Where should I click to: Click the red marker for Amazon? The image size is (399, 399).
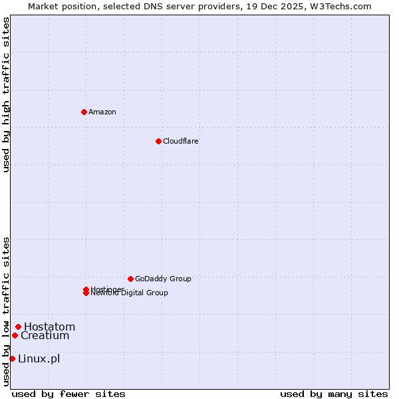pyautogui.click(x=84, y=112)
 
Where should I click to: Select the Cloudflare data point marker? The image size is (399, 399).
pyautogui.click(x=158, y=141)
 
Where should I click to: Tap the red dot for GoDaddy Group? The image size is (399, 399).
pyautogui.click(x=130, y=279)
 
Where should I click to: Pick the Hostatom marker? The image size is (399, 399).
pyautogui.click(x=18, y=327)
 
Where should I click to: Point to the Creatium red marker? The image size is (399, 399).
pyautogui.click(x=15, y=335)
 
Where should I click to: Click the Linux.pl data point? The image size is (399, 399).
pyautogui.click(x=12, y=359)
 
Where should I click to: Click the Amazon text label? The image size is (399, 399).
pyautogui.click(x=102, y=112)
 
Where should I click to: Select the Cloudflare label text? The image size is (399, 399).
pyautogui.click(x=181, y=141)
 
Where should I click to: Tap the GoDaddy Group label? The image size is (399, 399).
pyautogui.click(x=163, y=279)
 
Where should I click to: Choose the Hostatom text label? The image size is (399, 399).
pyautogui.click(x=50, y=327)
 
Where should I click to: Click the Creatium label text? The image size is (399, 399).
pyautogui.click(x=45, y=336)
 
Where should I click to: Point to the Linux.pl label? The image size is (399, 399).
pyautogui.click(x=39, y=359)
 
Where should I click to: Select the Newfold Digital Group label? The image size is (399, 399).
pyautogui.click(x=130, y=293)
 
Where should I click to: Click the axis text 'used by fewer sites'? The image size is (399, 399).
pyautogui.click(x=68, y=394)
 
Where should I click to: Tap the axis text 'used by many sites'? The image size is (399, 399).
pyautogui.click(x=334, y=394)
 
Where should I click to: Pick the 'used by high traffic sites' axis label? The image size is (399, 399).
pyautogui.click(x=7, y=94)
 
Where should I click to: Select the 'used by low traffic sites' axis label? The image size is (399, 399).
pyautogui.click(x=7, y=311)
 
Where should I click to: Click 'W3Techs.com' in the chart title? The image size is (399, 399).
pyautogui.click(x=338, y=6)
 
